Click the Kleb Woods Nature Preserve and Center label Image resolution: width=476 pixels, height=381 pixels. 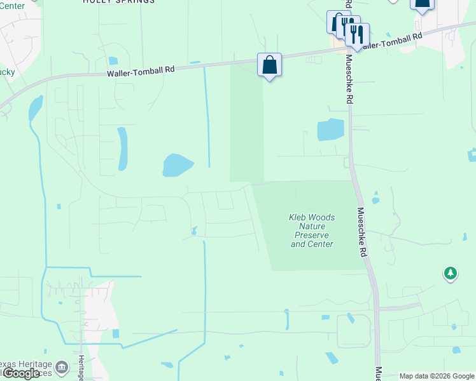click(312, 231)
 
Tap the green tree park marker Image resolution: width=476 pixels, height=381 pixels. click(451, 274)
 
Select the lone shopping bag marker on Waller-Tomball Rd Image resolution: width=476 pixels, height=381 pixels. click(270, 65)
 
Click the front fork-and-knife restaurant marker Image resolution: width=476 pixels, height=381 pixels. click(357, 35)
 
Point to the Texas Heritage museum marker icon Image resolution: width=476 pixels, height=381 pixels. click(62, 367)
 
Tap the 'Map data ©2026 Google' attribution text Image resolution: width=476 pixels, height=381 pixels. click(437, 376)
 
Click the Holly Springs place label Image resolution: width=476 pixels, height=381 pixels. click(119, 2)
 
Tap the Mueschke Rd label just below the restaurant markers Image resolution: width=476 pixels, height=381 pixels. click(349, 79)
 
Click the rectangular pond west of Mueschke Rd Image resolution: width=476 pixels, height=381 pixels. click(330, 130)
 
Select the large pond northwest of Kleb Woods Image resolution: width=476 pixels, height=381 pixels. click(178, 165)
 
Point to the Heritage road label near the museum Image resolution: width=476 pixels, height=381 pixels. click(81, 368)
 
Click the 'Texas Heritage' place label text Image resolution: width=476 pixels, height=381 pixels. click(25, 363)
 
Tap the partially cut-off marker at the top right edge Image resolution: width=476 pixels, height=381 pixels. click(422, 4)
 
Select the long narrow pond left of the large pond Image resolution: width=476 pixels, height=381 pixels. click(122, 149)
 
